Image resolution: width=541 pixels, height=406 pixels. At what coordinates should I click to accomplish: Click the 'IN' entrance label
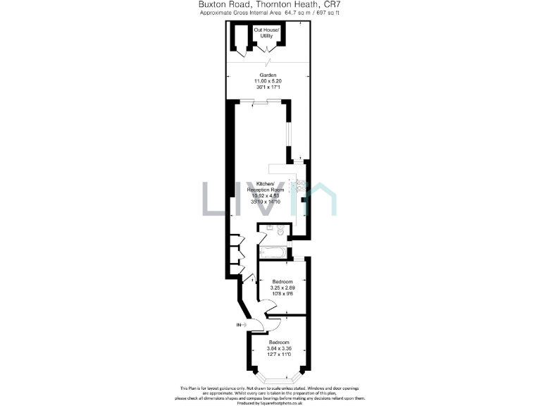pos(239,325)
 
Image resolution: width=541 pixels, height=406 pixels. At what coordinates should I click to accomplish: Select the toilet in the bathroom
pos(281,231)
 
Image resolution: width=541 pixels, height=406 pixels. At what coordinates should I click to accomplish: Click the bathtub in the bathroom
pos(274,252)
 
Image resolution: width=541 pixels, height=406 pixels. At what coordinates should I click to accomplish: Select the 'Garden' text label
pos(268,75)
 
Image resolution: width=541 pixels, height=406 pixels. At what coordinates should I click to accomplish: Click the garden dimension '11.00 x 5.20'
pos(268,81)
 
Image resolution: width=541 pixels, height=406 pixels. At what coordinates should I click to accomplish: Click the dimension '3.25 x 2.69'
pos(282,288)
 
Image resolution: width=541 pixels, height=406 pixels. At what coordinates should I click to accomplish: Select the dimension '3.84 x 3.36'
pos(278,348)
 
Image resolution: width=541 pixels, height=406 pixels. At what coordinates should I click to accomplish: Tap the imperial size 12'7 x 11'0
pos(278,355)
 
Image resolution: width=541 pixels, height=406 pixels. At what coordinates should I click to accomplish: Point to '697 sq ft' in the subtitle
pos(325,13)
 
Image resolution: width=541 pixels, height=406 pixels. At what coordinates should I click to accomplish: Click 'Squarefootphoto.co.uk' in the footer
pos(290,402)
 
